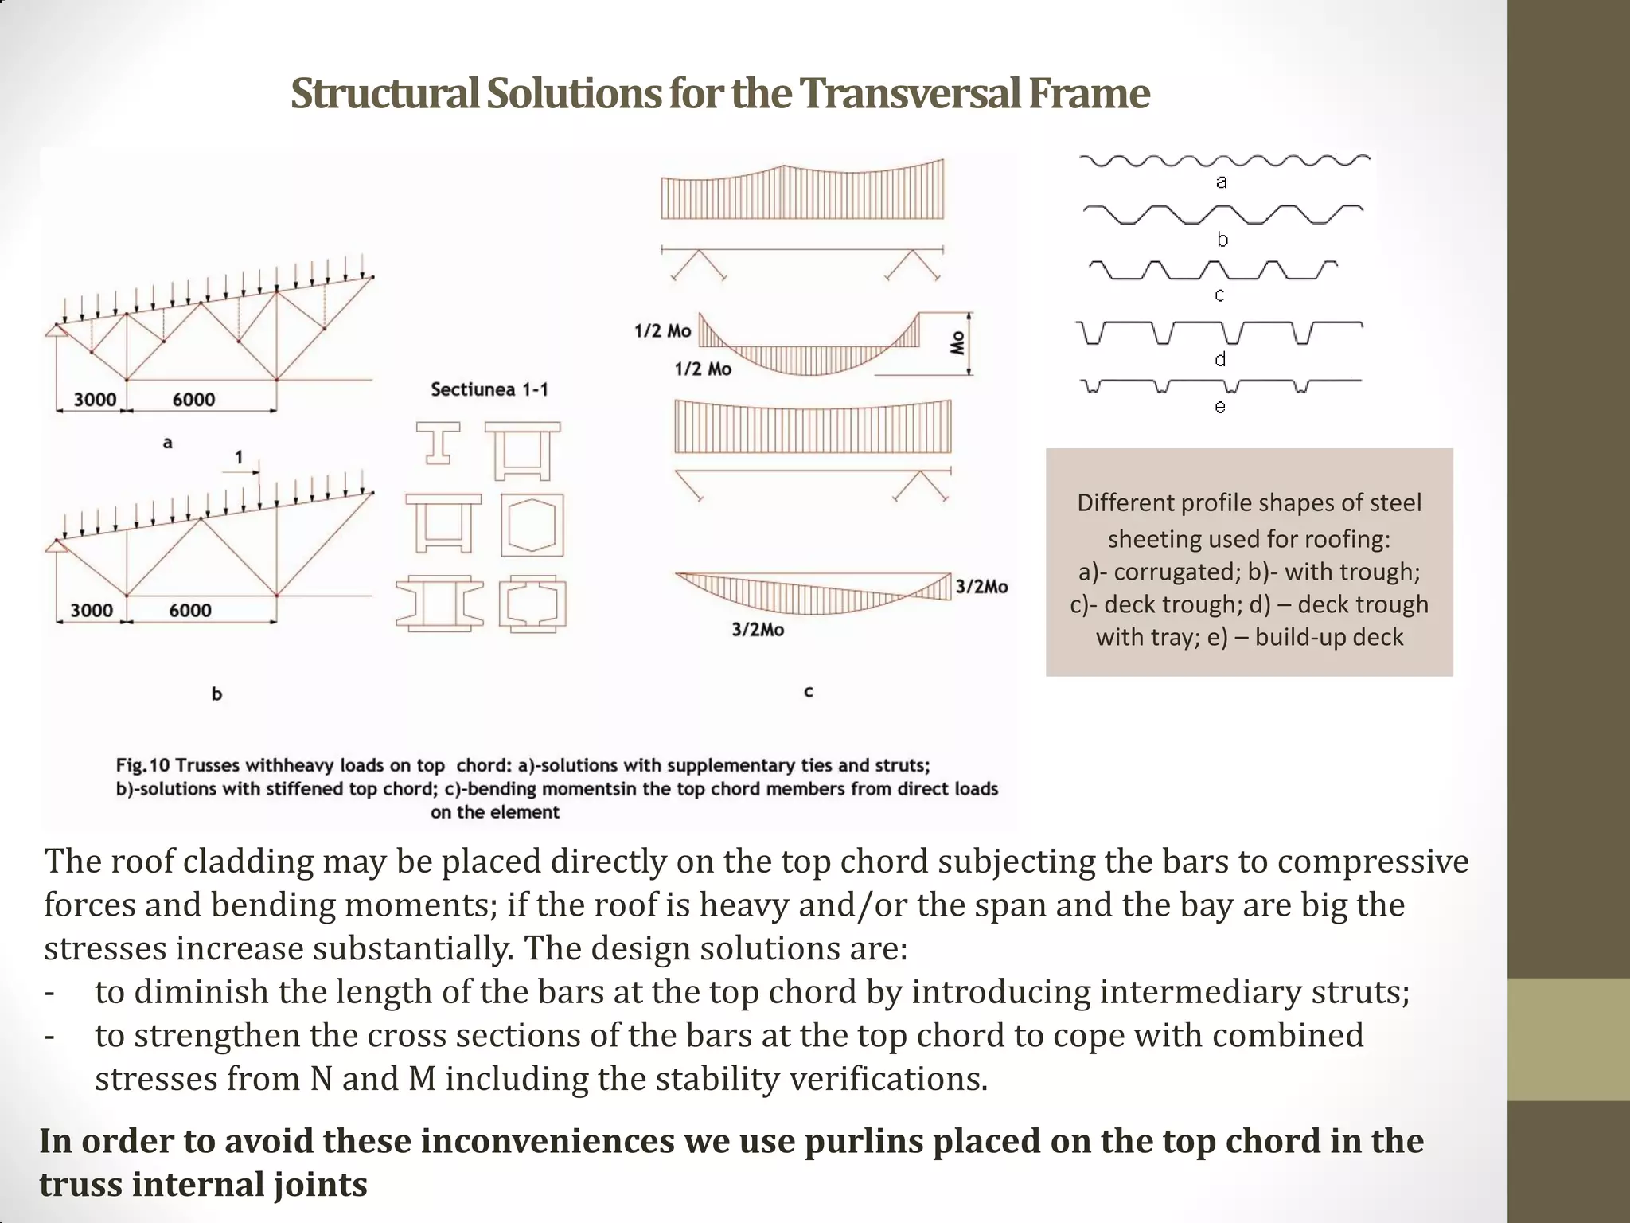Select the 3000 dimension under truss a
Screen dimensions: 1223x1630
pos(95,399)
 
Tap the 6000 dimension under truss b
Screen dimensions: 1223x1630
pos(190,611)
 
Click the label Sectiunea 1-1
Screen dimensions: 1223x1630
pos(489,389)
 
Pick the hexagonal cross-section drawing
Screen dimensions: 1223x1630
pos(532,526)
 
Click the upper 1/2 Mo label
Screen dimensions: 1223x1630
pos(662,330)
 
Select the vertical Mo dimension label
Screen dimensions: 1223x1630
pos(958,343)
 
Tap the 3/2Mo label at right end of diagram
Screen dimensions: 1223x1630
pos(981,587)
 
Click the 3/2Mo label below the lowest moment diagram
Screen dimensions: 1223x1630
pos(758,630)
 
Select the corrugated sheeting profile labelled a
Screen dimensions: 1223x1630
pos(1224,162)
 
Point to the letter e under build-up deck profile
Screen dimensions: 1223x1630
pos(1220,407)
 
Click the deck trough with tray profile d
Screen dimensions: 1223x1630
pos(1219,332)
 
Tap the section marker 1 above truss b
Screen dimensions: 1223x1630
pos(239,457)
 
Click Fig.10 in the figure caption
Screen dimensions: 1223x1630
pos(143,765)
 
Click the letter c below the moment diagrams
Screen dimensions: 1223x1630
pos(808,691)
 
